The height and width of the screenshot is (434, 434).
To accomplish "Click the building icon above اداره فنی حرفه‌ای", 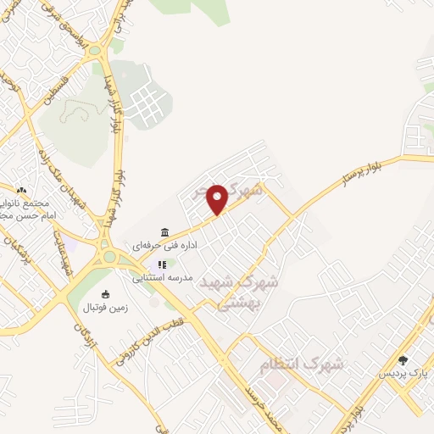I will click(x=164, y=232).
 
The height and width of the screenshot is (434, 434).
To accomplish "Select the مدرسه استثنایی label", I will click(x=162, y=277).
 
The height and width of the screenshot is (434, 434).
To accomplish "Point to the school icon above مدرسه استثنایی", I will click(x=161, y=264).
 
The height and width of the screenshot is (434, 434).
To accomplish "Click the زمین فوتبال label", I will click(x=105, y=308).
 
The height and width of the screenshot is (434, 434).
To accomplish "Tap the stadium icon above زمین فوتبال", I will click(x=105, y=295).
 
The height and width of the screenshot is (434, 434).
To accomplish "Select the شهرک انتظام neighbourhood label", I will click(x=302, y=364).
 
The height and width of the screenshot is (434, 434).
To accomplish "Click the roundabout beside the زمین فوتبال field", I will click(x=108, y=253).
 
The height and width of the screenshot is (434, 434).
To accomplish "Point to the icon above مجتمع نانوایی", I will click(x=21, y=192).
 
